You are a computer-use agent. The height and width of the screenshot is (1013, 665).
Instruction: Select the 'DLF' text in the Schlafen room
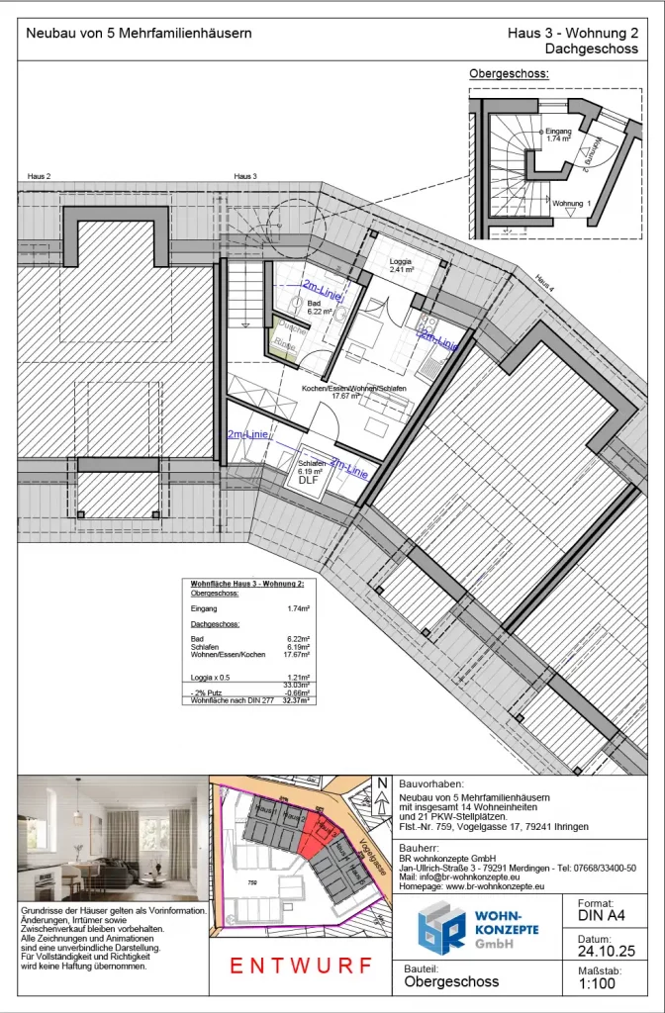pos(307,480)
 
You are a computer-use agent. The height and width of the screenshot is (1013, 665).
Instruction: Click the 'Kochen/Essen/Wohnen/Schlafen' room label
pos(353,390)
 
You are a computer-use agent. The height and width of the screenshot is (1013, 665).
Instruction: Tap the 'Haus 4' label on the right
pos(546,280)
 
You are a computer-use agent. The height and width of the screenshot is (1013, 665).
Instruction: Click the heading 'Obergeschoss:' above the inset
pos(509,74)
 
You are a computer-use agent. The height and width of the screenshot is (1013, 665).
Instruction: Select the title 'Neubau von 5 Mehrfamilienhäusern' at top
pos(139,34)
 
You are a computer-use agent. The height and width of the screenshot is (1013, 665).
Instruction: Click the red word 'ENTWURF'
pos(301,966)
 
